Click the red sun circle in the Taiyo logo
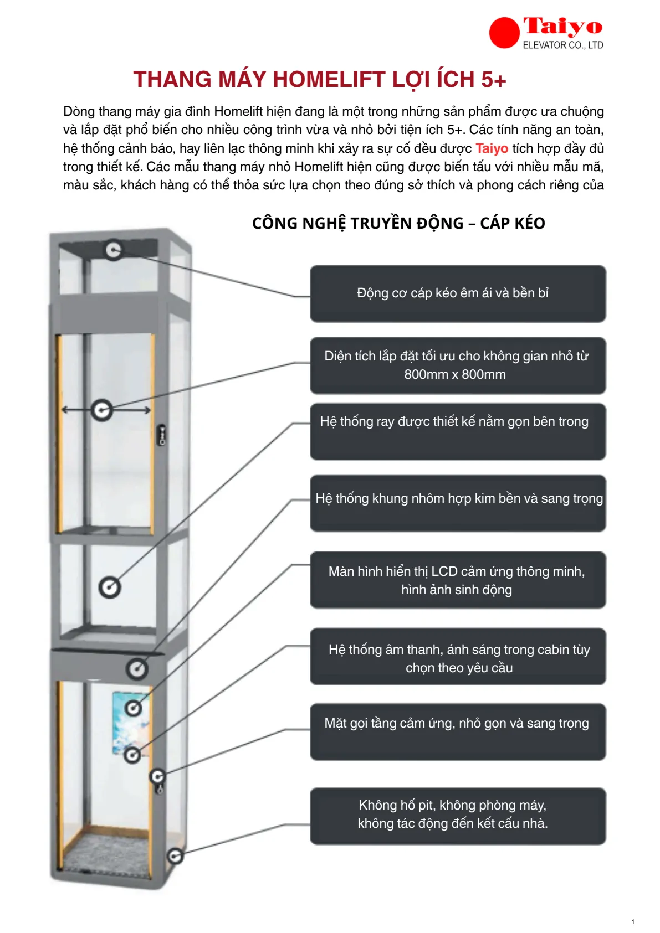pos(504,33)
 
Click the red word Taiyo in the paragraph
pos(492,148)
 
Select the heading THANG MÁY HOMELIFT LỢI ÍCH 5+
pos(320,80)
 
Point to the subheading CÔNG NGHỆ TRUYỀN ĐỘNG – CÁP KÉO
pos(398,223)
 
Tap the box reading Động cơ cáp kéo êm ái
pos(458,293)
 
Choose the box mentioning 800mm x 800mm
pos(458,365)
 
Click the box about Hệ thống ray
pos(458,431)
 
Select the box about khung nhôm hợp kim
pos(458,503)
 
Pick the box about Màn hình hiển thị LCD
pos(458,580)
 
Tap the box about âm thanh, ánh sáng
pos(458,656)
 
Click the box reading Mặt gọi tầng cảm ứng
pos(458,731)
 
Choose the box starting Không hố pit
pos(458,816)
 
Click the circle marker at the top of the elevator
pos(114,250)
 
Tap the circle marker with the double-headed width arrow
pos(103,410)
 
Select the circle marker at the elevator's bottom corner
pos(175,856)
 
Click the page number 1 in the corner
pos(633,922)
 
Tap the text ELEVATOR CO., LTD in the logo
pos(563,45)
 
